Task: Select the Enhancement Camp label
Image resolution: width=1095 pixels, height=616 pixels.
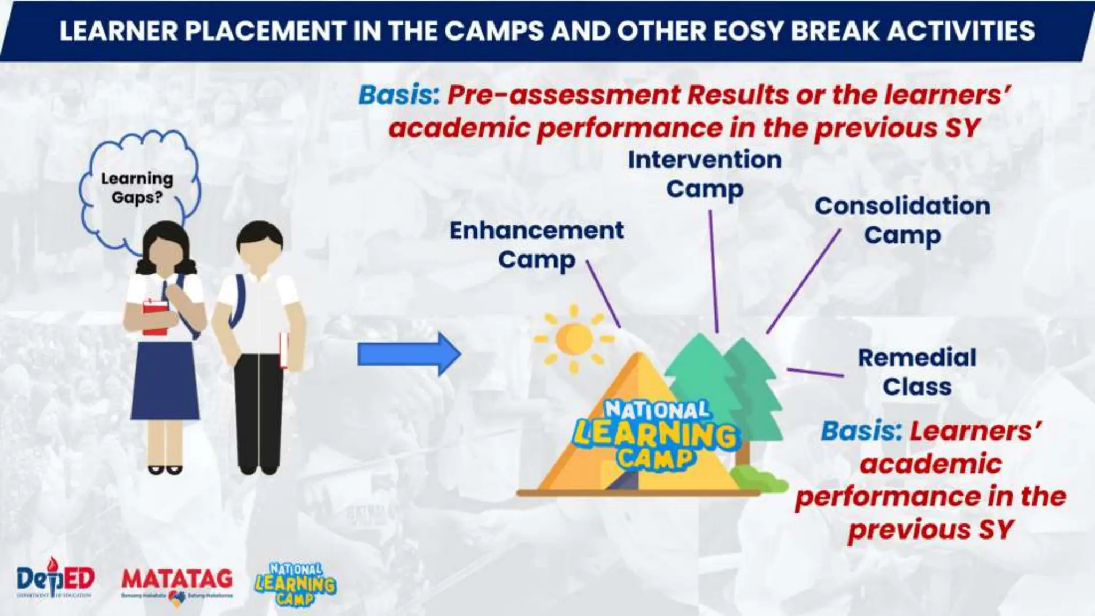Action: click(x=536, y=245)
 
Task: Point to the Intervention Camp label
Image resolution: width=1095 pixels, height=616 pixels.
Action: click(x=704, y=174)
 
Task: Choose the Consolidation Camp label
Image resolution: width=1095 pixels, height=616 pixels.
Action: click(x=902, y=220)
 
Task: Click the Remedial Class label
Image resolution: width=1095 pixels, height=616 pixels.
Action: click(x=917, y=372)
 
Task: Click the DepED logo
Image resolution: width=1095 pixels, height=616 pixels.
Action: click(x=55, y=579)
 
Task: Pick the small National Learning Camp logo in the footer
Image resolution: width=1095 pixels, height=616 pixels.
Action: click(x=296, y=584)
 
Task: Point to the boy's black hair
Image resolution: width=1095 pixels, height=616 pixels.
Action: click(x=260, y=234)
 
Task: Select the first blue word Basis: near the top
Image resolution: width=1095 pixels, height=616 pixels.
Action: click(x=398, y=95)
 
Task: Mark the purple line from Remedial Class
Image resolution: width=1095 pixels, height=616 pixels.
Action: click(x=815, y=372)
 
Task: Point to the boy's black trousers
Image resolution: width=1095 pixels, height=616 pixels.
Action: click(x=260, y=412)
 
